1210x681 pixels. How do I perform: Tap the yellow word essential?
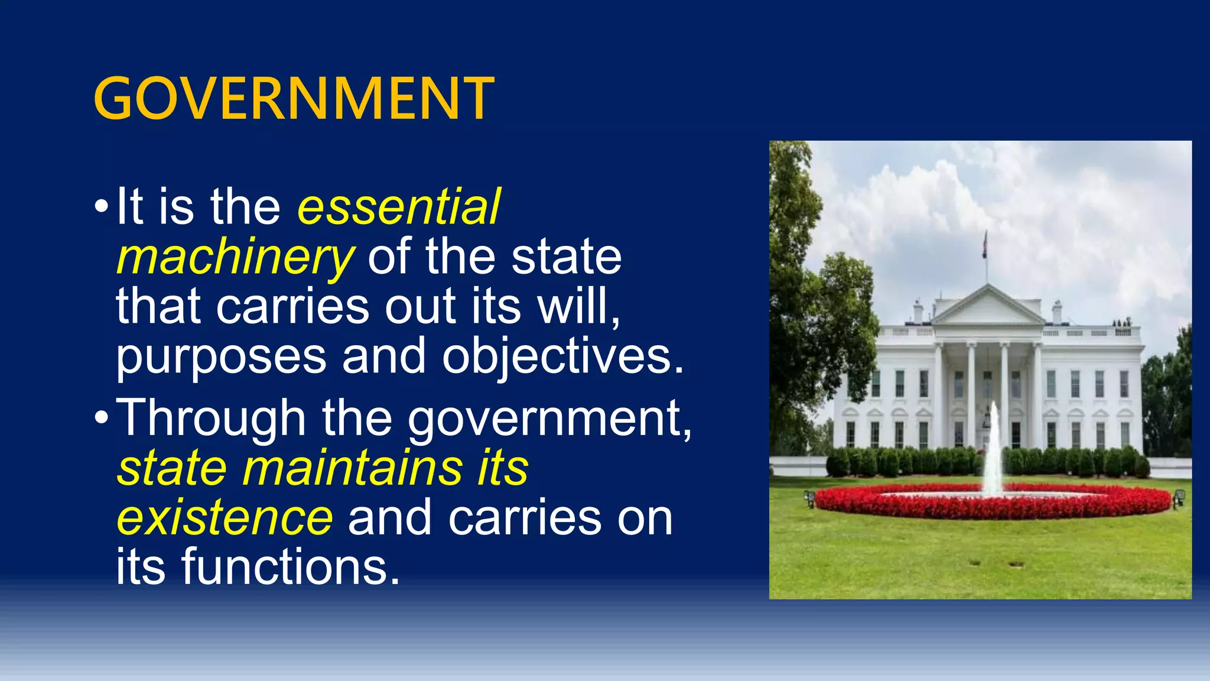[399, 207]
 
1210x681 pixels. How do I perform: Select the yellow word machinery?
[235, 258]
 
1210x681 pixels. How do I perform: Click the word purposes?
[221, 357]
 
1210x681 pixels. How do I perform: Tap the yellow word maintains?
[352, 468]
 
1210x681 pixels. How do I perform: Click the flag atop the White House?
[985, 244]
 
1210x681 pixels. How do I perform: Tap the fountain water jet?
[993, 449]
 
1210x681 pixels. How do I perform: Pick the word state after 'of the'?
[566, 258]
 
